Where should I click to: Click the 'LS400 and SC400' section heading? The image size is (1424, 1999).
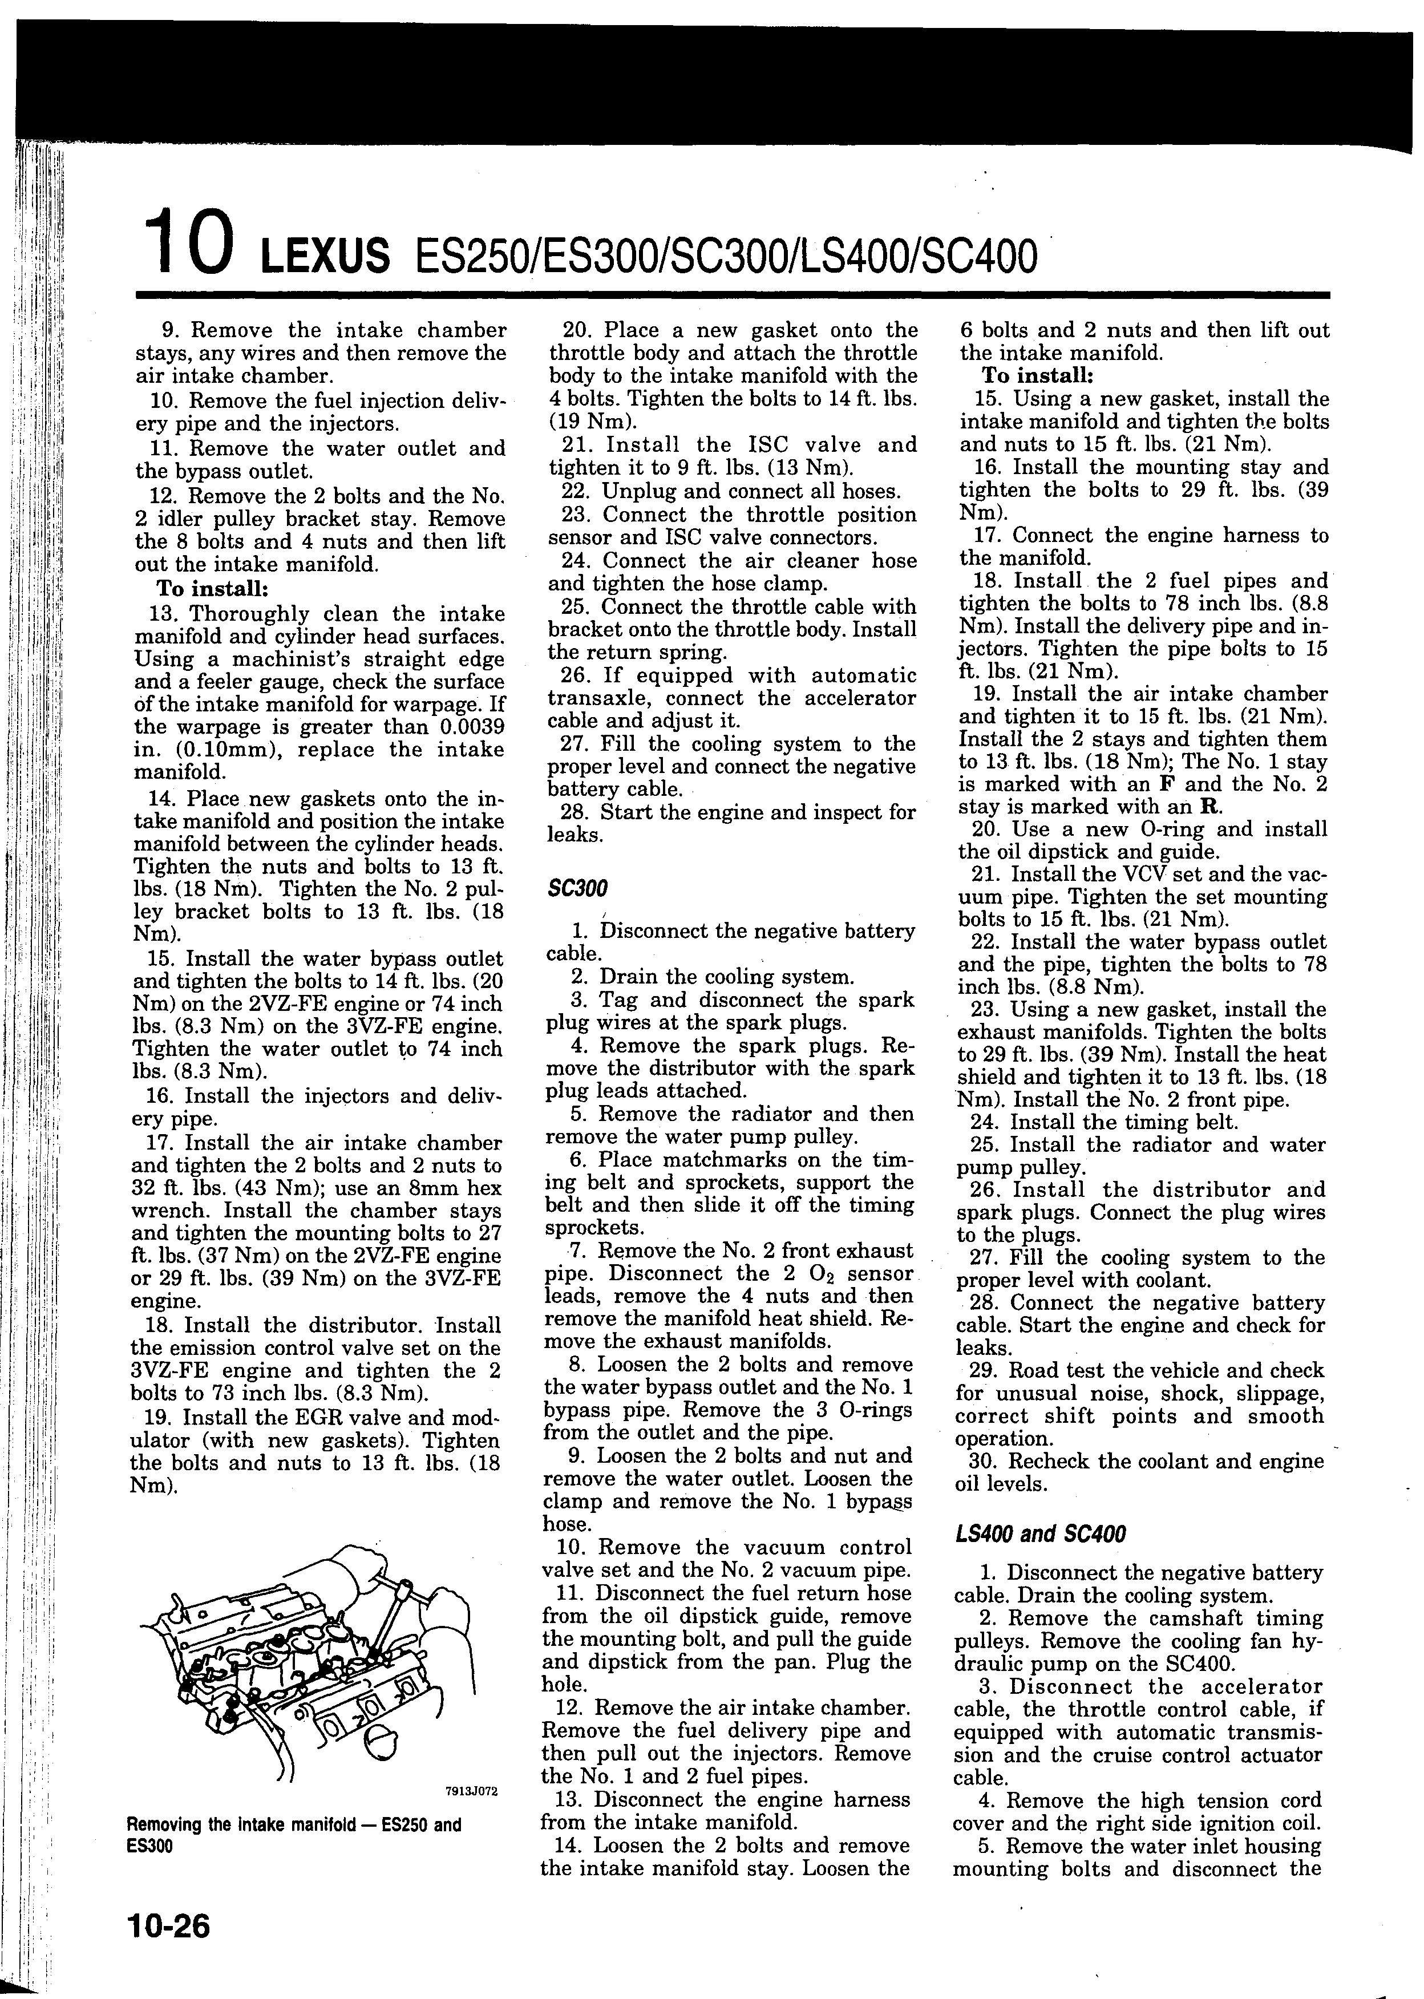[1038, 1533]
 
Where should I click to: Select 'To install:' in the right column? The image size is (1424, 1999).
[1037, 376]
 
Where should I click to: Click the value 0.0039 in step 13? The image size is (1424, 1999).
[472, 727]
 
